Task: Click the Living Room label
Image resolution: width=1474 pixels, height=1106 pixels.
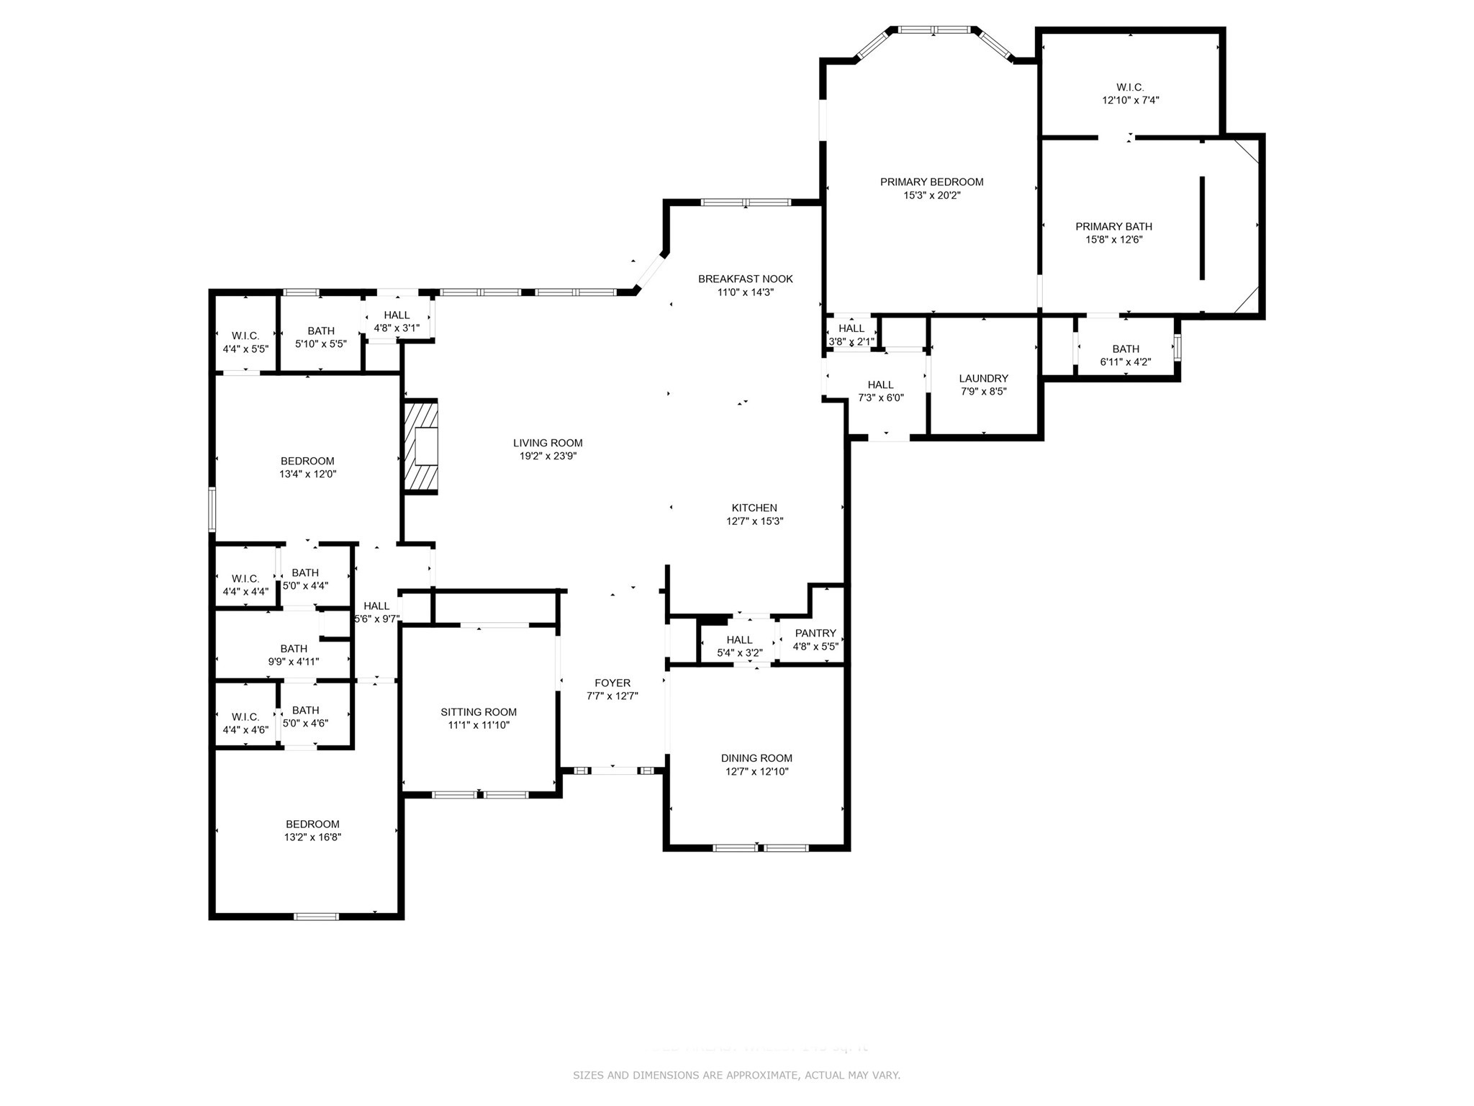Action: [548, 443]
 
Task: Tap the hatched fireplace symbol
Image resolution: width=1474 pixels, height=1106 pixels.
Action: [421, 446]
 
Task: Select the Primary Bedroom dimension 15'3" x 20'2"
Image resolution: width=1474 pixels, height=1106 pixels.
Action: [932, 195]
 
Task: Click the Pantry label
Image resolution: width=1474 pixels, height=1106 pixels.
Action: [815, 633]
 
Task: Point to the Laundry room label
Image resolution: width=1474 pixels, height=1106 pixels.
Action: [983, 378]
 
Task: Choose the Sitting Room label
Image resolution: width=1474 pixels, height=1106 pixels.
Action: [479, 712]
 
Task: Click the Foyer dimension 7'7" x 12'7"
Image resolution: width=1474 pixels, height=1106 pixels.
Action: [612, 696]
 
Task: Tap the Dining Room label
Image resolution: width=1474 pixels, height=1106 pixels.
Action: [756, 758]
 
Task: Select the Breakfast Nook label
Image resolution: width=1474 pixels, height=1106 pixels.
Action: [746, 279]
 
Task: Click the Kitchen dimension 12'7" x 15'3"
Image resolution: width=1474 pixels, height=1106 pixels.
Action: [754, 521]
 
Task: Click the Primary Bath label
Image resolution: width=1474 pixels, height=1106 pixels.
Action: [1113, 226]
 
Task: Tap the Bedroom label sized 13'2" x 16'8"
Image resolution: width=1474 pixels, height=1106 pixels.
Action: [312, 824]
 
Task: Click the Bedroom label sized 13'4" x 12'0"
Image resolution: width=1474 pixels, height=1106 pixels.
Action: [307, 461]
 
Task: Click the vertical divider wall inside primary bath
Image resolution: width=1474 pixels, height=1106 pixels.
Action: [1202, 228]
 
